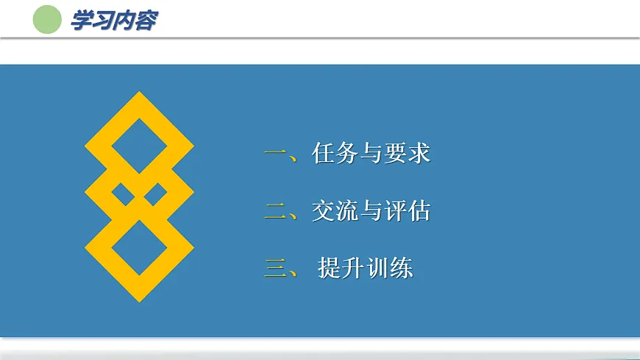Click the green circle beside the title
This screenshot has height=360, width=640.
pos(47,20)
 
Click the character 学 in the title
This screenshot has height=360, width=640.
pos(81,21)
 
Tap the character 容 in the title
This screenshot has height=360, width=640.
pos(145,21)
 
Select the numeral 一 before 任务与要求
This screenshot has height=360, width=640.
pos(276,155)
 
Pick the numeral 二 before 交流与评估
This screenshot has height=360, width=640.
pos(276,212)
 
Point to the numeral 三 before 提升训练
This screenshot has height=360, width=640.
pos(276,269)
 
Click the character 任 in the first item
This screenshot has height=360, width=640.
pos(324,154)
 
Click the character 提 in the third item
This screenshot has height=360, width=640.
pos(330,268)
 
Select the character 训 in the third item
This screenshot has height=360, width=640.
pos(377,268)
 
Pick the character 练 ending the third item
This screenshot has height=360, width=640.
pos(402,268)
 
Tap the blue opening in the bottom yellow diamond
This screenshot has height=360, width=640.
pos(139,249)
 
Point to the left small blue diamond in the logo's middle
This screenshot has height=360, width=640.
pos(124,195)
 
